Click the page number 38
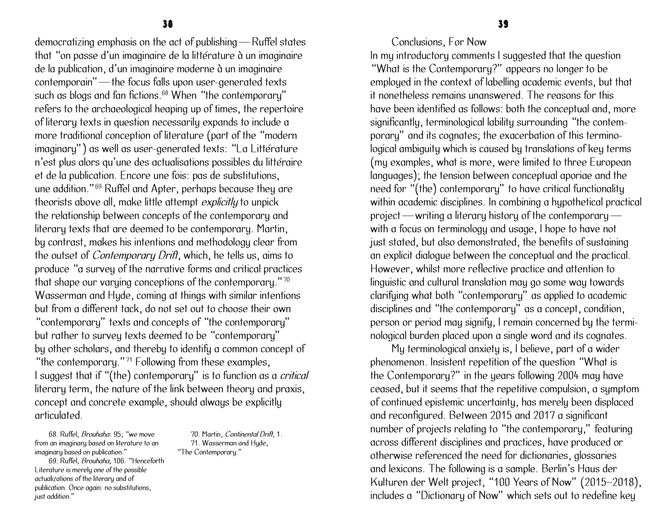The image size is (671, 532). click(167, 24)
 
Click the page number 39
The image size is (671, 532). click(503, 24)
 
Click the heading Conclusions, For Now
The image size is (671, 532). click(439, 42)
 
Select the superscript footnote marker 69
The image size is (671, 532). click(98, 186)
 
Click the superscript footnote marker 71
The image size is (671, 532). click(129, 360)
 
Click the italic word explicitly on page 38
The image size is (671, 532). click(220, 202)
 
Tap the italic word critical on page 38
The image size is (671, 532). click(294, 376)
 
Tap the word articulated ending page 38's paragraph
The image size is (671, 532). click(58, 415)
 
